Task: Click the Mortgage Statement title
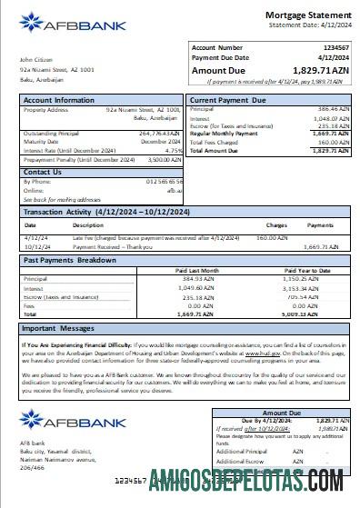tap(307, 15)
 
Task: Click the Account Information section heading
tap(59, 100)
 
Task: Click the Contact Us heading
tap(43, 172)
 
